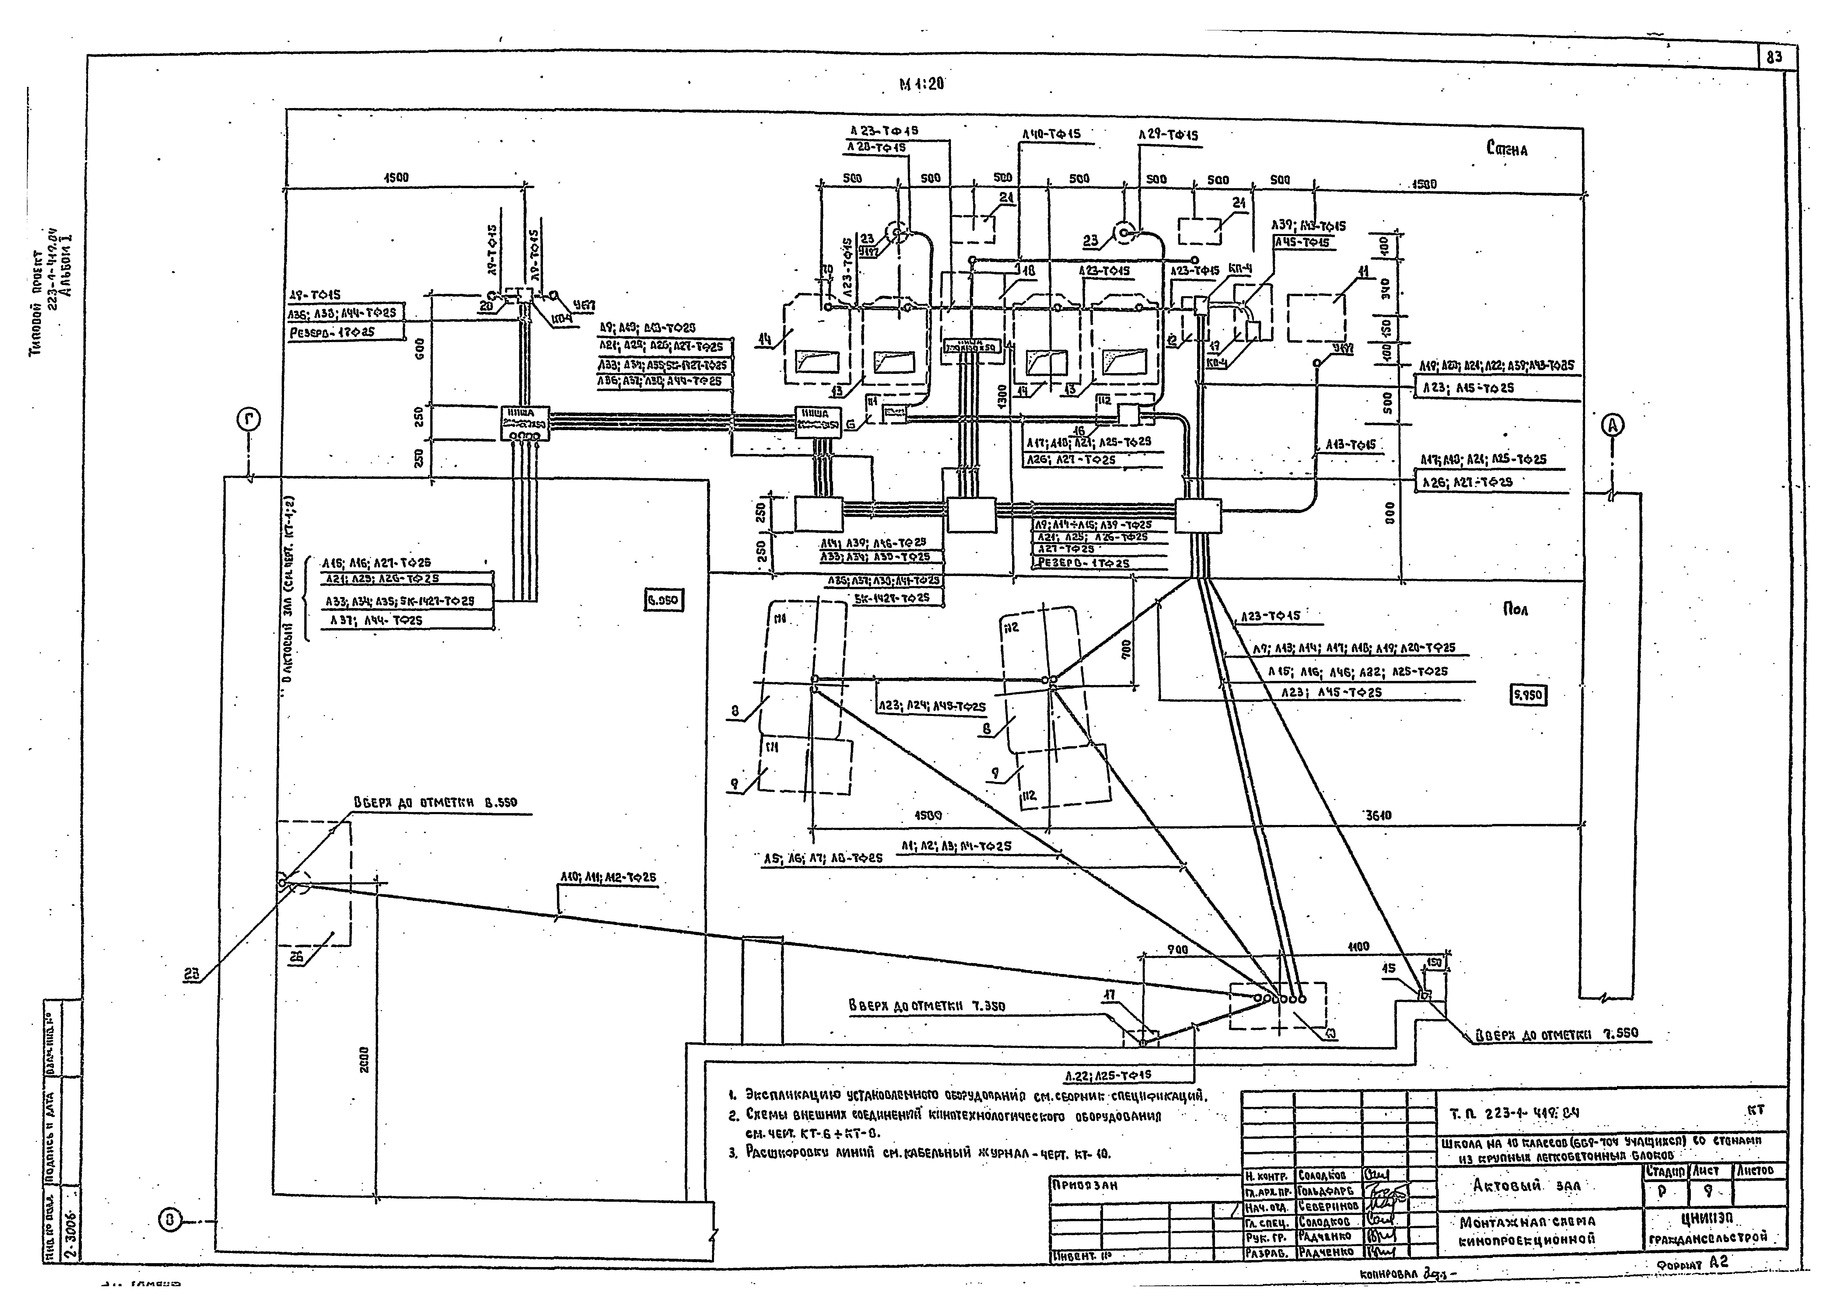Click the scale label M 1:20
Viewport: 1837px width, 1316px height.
pos(922,84)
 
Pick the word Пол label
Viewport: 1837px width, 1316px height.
pos(1515,609)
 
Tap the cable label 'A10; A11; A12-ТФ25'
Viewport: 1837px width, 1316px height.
pos(607,877)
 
